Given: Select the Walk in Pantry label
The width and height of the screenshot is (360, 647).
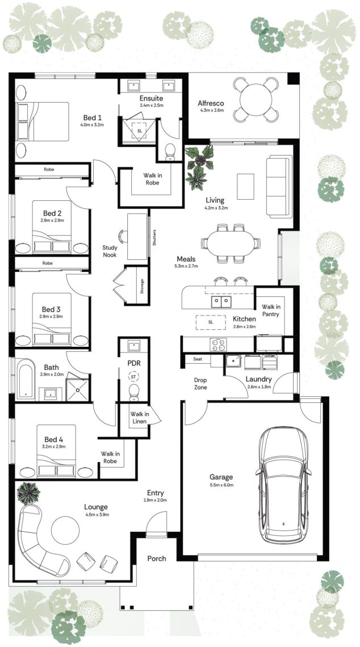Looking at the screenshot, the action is click(270, 310).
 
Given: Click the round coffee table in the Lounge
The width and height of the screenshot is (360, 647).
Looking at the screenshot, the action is click(65, 530).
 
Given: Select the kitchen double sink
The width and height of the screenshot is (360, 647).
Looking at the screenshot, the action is click(221, 301).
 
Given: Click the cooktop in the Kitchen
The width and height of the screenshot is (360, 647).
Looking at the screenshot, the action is click(218, 344).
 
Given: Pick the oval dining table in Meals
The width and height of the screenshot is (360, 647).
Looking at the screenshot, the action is click(231, 243).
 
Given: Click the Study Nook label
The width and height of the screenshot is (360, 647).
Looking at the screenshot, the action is click(110, 251).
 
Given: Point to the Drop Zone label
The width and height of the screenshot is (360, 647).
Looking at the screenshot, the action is click(200, 384).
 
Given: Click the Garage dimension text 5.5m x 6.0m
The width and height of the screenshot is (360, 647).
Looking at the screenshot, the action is click(221, 485).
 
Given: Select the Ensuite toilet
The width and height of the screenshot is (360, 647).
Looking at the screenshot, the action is click(170, 152).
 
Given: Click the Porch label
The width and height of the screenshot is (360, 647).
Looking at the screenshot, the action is click(157, 558).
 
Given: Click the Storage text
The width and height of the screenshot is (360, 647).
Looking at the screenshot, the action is click(143, 286).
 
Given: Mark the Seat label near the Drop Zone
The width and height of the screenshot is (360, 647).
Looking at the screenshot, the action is click(198, 359).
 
